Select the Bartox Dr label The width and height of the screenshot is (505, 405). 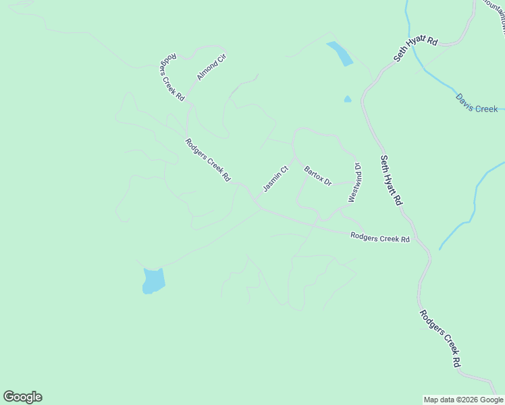click(x=318, y=176)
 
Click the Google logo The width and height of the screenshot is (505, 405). click(x=22, y=397)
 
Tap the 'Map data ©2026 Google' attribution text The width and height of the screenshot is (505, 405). click(x=464, y=400)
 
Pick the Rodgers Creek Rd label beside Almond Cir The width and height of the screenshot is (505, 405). click(x=172, y=76)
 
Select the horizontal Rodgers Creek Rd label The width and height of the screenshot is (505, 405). click(x=380, y=238)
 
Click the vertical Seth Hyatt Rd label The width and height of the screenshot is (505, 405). click(x=391, y=180)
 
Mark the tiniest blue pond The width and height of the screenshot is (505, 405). click(x=348, y=99)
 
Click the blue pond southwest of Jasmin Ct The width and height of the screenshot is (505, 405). click(x=153, y=280)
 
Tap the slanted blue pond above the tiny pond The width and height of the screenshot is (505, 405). click(x=340, y=54)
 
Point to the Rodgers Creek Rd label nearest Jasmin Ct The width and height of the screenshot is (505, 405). click(x=208, y=160)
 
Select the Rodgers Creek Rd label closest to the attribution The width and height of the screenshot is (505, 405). click(x=440, y=338)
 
